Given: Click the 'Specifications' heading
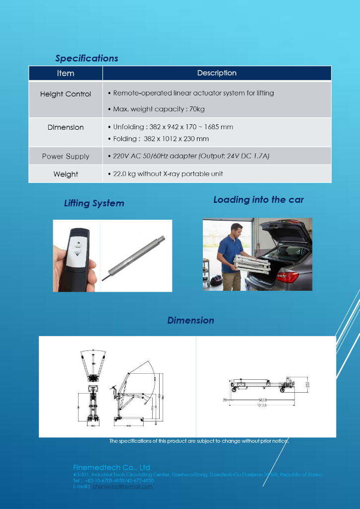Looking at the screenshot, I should click(x=87, y=58).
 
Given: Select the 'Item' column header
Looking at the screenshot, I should click(x=66, y=73).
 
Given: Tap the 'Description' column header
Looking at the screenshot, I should click(x=217, y=73).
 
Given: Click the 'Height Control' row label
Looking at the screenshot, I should click(x=66, y=94).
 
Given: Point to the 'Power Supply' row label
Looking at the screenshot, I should click(x=66, y=156).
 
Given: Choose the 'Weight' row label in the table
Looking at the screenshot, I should click(x=66, y=174).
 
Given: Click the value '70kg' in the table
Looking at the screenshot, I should click(x=197, y=109).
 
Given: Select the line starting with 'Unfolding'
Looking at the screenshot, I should click(x=173, y=127).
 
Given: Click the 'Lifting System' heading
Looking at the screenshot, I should click(x=94, y=203).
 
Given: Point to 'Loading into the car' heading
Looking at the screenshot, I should click(x=258, y=200).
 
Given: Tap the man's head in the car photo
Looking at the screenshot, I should click(x=236, y=231).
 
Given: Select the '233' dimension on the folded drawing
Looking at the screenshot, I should click(x=307, y=384).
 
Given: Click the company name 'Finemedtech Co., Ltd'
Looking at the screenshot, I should click(x=111, y=467).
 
